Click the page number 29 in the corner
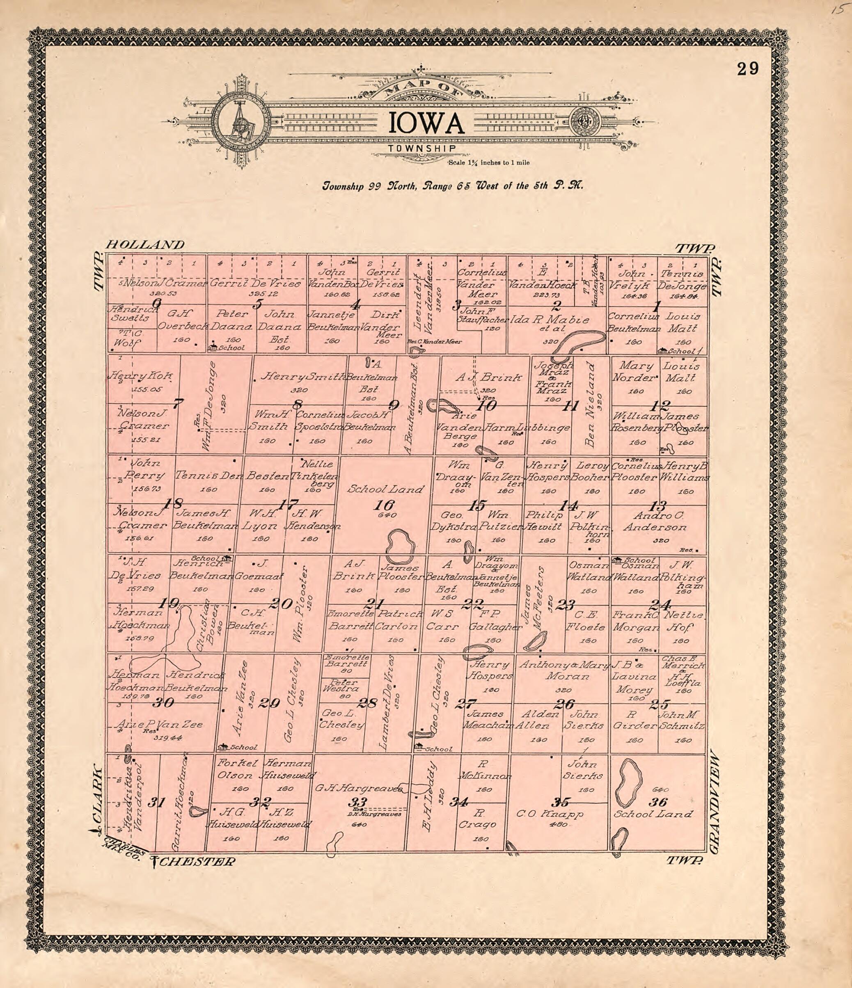(747, 69)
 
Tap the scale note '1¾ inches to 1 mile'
(488, 163)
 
